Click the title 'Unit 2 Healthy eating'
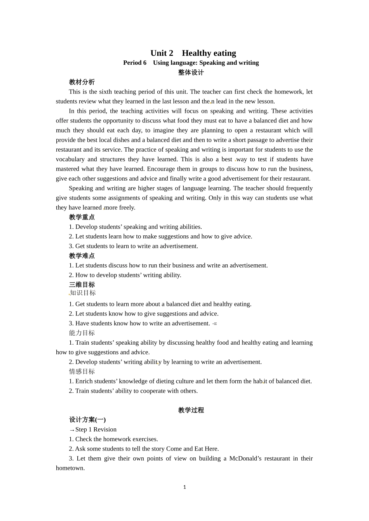pos(193,53)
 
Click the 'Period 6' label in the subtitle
pos(135,63)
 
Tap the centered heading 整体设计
pos(191,72)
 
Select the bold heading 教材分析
pos(82,82)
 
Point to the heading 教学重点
pos(82,217)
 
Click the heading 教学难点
pos(82,256)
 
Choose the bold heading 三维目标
pos(82,285)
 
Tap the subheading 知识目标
pos(83,293)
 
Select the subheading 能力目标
pos(82,333)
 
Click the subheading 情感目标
pos(82,371)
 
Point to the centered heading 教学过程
pos(191,410)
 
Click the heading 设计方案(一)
pos(87,420)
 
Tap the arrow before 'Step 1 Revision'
pos(72,430)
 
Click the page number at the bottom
pos(184,487)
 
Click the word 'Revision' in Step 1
pos(105,430)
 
